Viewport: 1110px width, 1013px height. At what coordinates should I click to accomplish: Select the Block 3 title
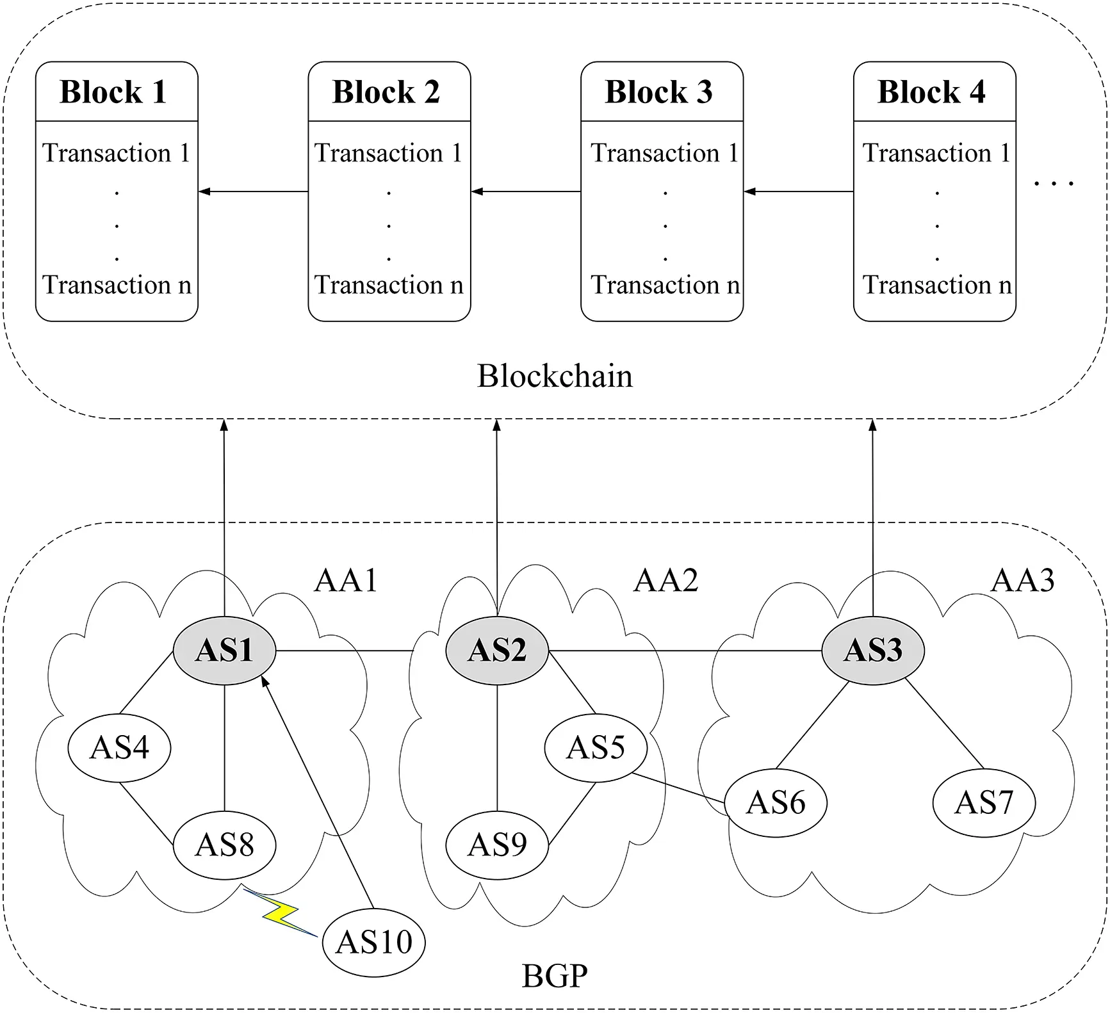tap(660, 92)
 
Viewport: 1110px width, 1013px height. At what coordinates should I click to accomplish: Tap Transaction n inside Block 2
tap(389, 285)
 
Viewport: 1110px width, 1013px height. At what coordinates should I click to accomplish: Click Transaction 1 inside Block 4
tap(936, 153)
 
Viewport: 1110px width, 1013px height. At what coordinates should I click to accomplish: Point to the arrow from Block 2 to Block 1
tap(253, 191)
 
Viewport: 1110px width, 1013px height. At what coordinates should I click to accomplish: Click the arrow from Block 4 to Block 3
tap(798, 191)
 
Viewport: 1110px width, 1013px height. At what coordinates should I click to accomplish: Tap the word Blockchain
tap(555, 376)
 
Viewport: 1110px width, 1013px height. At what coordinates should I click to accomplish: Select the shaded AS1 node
tap(224, 651)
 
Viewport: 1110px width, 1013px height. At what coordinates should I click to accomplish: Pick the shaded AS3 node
tap(872, 651)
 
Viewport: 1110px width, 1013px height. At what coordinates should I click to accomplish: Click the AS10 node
tap(373, 942)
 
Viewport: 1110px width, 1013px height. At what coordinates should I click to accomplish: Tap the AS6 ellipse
tap(775, 802)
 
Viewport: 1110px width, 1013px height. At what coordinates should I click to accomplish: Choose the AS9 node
tap(497, 845)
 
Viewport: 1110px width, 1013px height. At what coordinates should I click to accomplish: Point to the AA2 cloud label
tap(665, 581)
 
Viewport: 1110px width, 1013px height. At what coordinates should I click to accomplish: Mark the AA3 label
tap(1022, 581)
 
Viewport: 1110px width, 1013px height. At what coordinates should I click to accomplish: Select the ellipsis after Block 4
tap(1054, 184)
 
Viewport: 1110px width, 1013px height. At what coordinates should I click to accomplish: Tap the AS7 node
tap(984, 802)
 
